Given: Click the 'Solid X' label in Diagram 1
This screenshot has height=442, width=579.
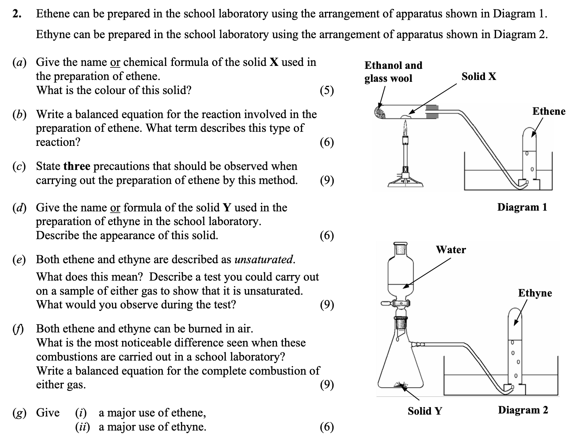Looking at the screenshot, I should [x=479, y=77].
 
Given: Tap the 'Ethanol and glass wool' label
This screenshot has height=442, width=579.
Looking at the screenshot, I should [x=393, y=72].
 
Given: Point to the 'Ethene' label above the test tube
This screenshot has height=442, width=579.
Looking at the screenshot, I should [x=549, y=111].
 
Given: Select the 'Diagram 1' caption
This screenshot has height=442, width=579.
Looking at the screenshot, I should [x=522, y=207].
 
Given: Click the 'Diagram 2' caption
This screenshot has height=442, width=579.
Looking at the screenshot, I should [x=523, y=410].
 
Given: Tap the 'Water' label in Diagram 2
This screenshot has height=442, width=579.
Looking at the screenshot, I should [x=451, y=250].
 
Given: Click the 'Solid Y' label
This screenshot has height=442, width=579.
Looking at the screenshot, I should [x=425, y=411].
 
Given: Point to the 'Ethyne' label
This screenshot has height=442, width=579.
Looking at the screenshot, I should [x=535, y=293].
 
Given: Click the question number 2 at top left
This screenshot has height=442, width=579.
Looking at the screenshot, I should [x=16, y=14].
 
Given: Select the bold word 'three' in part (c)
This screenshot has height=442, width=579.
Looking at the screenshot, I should [x=77, y=166].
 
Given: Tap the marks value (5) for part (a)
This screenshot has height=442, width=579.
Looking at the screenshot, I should [x=327, y=91].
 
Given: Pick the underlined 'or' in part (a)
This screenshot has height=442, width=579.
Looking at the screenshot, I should [x=115, y=62].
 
